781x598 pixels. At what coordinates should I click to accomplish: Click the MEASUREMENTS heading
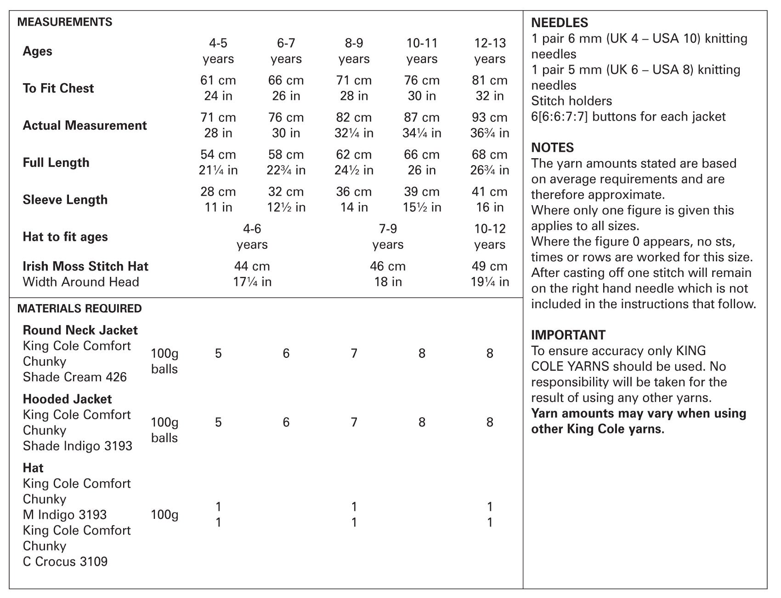[65, 22]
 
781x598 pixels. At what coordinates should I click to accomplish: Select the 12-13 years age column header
[490, 51]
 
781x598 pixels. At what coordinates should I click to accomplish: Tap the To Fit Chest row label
[58, 88]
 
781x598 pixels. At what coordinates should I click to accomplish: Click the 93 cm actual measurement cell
[490, 117]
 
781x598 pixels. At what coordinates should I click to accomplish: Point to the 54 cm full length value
[218, 155]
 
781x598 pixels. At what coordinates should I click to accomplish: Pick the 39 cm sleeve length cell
[422, 192]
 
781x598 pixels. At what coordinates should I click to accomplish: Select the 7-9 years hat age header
[388, 236]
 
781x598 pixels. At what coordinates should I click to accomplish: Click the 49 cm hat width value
[490, 266]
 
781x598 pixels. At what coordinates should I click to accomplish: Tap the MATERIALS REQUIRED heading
[79, 309]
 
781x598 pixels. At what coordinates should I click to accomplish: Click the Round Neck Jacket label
[80, 330]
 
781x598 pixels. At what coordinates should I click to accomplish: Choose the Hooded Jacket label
[68, 399]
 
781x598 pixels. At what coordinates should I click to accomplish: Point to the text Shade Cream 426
[75, 377]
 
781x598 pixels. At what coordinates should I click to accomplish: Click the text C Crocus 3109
[65, 562]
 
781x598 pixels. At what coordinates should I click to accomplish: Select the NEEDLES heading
[560, 23]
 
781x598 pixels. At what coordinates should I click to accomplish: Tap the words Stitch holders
[572, 101]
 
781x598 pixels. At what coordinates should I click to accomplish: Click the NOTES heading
[552, 148]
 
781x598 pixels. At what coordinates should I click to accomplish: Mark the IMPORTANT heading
[568, 335]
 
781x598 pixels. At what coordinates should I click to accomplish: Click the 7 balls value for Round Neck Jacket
[354, 353]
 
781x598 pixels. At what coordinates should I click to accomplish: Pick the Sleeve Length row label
[65, 200]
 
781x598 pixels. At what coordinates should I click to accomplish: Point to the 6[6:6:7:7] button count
[560, 117]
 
